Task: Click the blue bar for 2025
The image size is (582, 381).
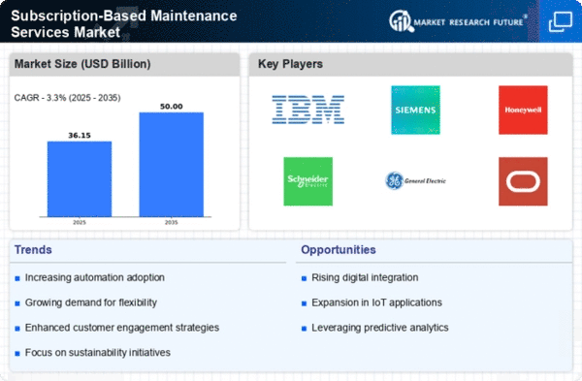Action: click(x=80, y=178)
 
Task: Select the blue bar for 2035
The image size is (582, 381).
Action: click(x=171, y=165)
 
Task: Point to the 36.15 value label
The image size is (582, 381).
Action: click(x=80, y=136)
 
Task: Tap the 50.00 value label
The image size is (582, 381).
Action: click(x=171, y=107)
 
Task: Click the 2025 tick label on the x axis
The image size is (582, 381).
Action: click(x=80, y=222)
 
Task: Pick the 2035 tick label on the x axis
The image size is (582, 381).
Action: click(x=171, y=222)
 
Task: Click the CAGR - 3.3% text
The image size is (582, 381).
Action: click(x=41, y=98)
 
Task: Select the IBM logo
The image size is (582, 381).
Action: click(x=308, y=110)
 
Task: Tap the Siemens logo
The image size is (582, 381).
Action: click(x=415, y=110)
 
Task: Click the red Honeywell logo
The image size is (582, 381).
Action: click(x=523, y=110)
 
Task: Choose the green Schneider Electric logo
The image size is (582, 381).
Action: click(x=308, y=181)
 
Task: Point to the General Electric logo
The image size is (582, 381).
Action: click(x=415, y=180)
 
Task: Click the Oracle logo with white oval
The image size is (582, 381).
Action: click(x=523, y=181)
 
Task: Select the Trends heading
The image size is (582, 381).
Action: click(x=33, y=250)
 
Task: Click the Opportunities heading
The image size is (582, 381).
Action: click(x=339, y=250)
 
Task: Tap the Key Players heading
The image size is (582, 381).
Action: click(x=290, y=64)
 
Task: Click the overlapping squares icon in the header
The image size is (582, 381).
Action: click(x=561, y=22)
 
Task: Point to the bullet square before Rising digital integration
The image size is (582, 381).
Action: click(x=304, y=278)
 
